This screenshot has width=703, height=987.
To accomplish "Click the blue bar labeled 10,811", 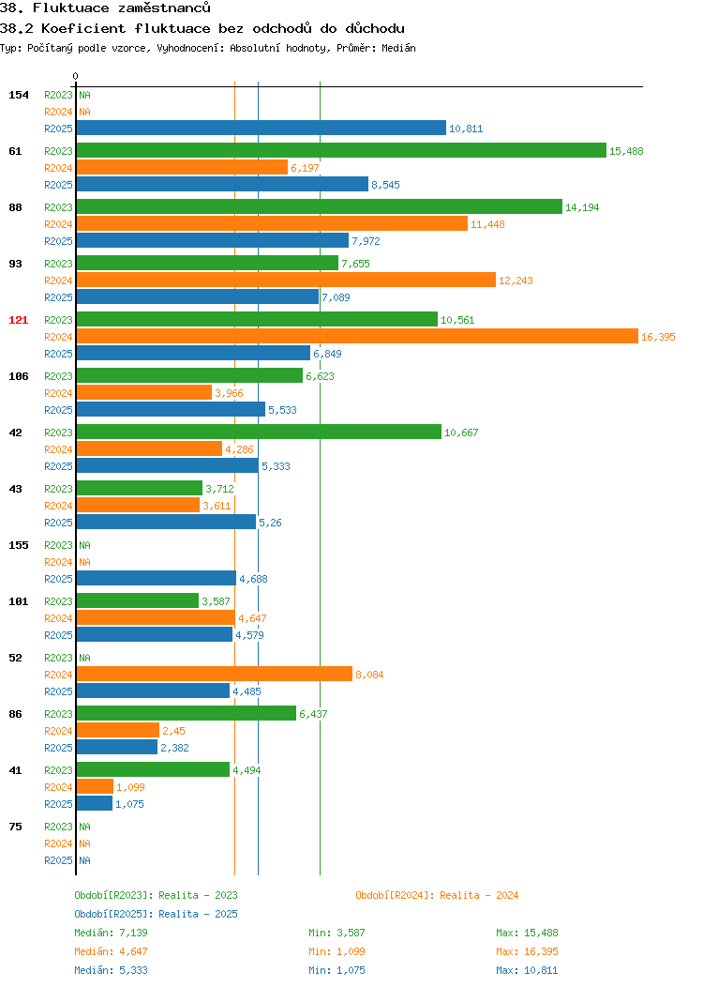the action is pyautogui.click(x=261, y=129).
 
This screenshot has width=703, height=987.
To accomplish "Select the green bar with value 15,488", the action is pyautogui.click(x=341, y=150).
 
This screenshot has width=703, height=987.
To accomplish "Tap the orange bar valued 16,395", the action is pyautogui.click(x=357, y=337).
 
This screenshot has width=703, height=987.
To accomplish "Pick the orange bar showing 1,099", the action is pyautogui.click(x=95, y=787).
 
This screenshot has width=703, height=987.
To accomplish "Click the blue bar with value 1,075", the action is pyautogui.click(x=95, y=804).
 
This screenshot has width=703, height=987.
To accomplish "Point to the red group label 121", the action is pyautogui.click(x=18, y=320).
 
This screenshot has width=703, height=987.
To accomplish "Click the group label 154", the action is pyautogui.click(x=18, y=95).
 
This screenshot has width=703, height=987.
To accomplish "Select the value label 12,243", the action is pyautogui.click(x=516, y=281).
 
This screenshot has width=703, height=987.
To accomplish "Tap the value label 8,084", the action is pyautogui.click(x=369, y=675).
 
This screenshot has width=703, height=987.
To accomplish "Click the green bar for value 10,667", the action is pyautogui.click(x=259, y=433).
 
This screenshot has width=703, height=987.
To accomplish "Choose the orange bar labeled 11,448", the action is pyautogui.click(x=272, y=224).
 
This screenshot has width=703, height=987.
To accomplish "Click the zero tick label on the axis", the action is pyautogui.click(x=76, y=76).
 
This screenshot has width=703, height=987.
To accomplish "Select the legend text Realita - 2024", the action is pyautogui.click(x=479, y=895).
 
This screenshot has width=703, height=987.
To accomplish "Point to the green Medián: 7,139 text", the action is pyautogui.click(x=112, y=933).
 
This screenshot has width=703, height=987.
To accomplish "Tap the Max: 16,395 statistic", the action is pyautogui.click(x=527, y=951).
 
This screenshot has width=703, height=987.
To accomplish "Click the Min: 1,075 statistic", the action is pyautogui.click(x=337, y=971).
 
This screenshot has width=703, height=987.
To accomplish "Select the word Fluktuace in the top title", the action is pyautogui.click(x=71, y=8).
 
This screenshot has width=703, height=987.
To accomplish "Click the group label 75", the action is pyautogui.click(x=15, y=827).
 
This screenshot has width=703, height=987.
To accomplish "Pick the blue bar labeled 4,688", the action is pyautogui.click(x=156, y=579).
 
